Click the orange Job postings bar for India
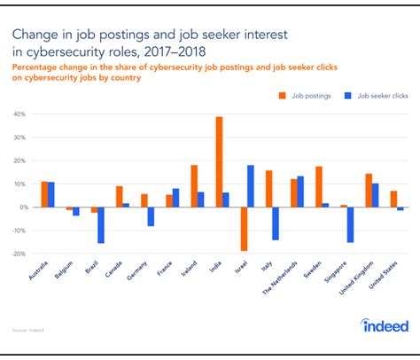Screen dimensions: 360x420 219,162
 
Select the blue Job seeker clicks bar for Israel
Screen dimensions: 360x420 251,186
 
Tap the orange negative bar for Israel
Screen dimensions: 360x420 244,229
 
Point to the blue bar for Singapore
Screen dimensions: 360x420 351,224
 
